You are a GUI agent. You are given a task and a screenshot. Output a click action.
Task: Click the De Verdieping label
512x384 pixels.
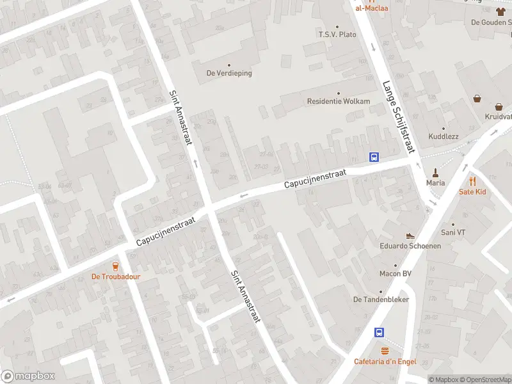pyautogui.click(x=229, y=73)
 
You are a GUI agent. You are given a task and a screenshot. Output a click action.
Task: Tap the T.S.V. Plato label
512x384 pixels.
pyautogui.click(x=337, y=34)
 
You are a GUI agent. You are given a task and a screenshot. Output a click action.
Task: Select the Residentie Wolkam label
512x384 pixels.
pyautogui.click(x=339, y=101)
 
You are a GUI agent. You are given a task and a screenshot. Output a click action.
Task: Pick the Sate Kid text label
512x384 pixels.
pyautogui.click(x=473, y=191)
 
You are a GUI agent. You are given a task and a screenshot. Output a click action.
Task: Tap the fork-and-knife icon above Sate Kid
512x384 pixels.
pyautogui.click(x=473, y=181)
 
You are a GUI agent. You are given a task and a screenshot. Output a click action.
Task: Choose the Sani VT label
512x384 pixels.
pyautogui.click(x=453, y=232)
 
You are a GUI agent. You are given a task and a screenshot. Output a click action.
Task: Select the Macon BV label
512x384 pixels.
pyautogui.click(x=394, y=274)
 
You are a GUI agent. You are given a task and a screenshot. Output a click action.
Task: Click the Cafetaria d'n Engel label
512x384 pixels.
pyautogui.click(x=385, y=362)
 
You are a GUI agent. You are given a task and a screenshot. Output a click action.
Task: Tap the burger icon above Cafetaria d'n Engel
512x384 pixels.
pyautogui.click(x=385, y=351)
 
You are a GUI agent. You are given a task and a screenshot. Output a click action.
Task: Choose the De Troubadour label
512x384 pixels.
pyautogui.click(x=116, y=277)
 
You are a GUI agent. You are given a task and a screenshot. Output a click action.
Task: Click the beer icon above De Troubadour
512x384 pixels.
pyautogui.click(x=116, y=266)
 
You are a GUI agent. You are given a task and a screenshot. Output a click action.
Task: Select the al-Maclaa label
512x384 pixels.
pyautogui.click(x=372, y=8)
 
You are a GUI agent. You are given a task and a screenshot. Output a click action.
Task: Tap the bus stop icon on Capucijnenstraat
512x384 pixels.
pyautogui.click(x=374, y=157)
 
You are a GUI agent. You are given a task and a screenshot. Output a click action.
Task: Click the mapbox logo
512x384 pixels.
pyautogui.click(x=28, y=376)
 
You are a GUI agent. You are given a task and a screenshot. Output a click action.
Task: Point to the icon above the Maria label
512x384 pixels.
pyautogui.click(x=436, y=172)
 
